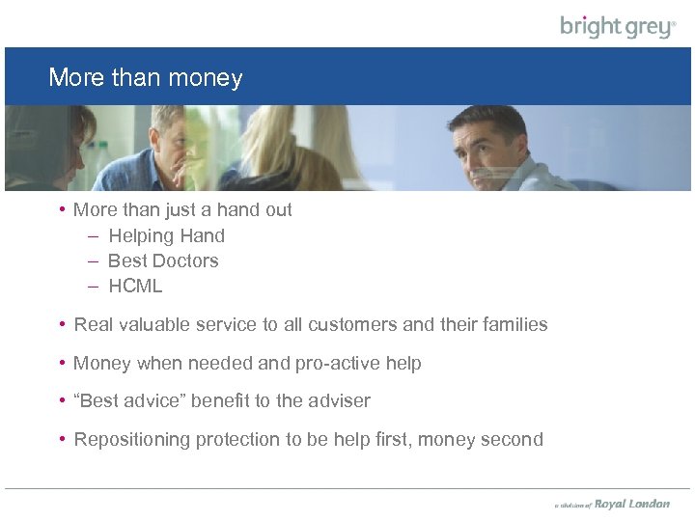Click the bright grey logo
618,26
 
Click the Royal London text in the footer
632,504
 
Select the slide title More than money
145,77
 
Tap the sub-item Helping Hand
166,235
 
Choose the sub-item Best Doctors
163,260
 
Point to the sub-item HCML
135,286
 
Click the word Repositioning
132,440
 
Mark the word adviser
339,400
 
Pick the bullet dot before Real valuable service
61,325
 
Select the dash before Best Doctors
93,260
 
